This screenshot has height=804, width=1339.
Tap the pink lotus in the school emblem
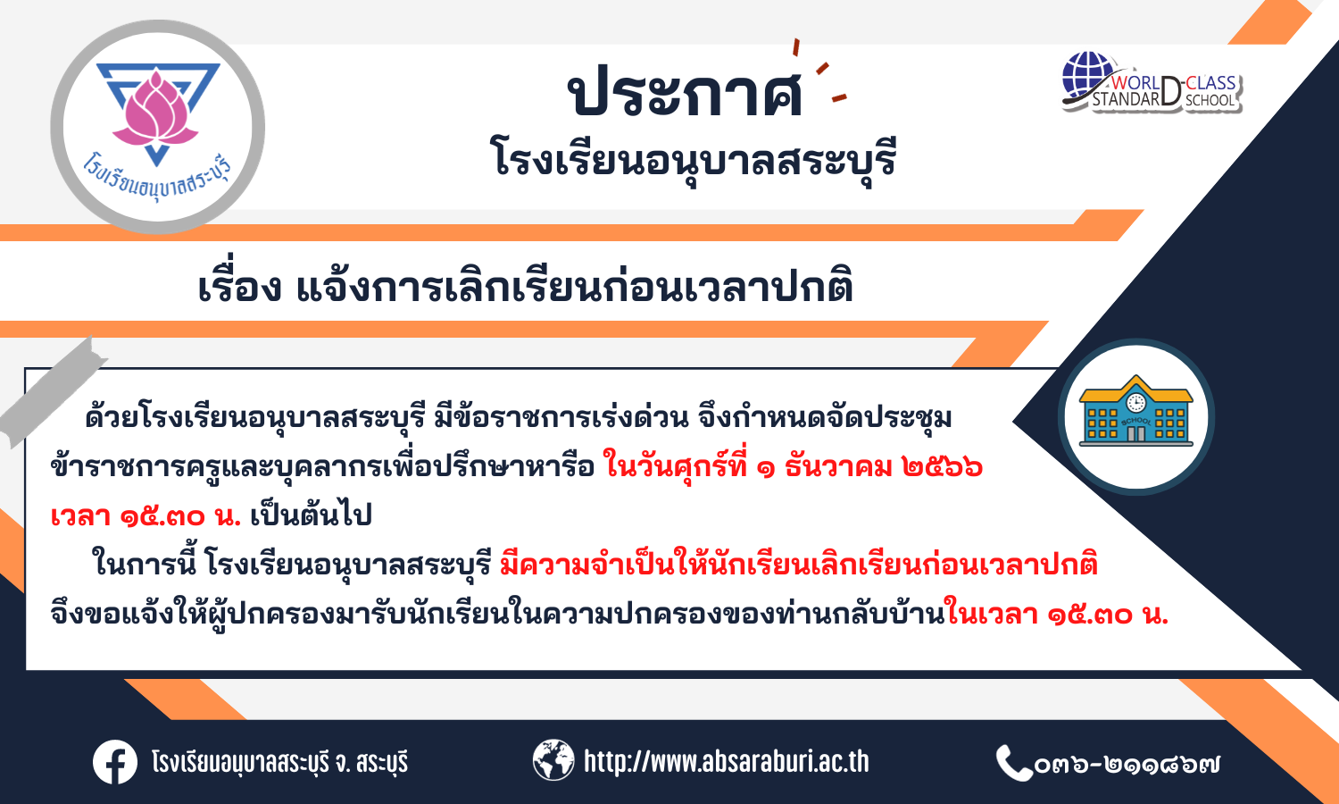point(155,109)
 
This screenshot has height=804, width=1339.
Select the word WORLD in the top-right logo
point(1135,82)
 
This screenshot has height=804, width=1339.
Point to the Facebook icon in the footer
point(115,762)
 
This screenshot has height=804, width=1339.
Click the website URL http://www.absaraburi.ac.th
point(727,761)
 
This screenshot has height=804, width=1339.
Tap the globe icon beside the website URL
point(553,759)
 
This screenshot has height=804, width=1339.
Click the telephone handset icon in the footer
point(1014,763)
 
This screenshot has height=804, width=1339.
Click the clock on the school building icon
point(1135,403)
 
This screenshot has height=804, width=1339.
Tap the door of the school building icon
point(1135,433)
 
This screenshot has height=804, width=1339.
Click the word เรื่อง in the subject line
point(240,287)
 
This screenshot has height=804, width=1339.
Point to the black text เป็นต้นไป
point(311,515)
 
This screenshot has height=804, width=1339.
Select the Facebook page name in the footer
point(279,763)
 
